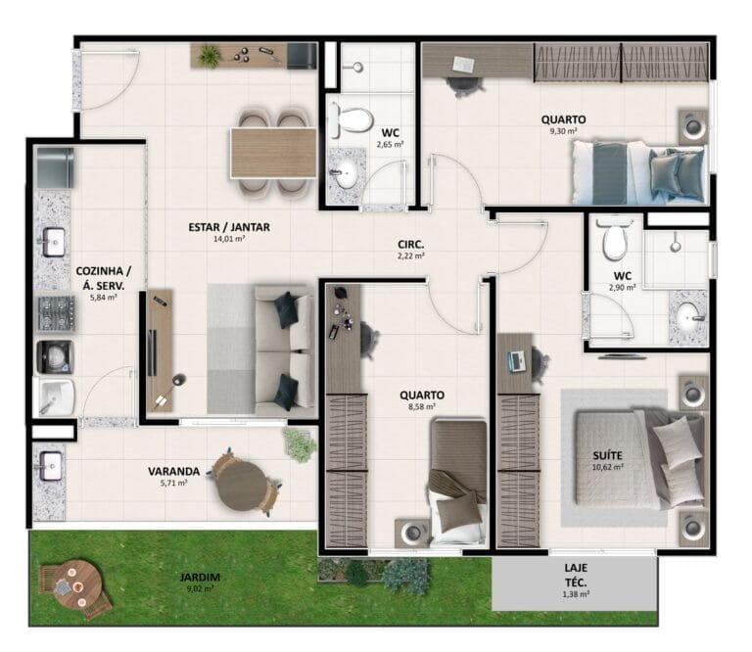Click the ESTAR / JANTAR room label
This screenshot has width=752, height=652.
(229, 227)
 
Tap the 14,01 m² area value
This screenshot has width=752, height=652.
(229, 239)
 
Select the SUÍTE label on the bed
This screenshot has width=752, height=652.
(607, 455)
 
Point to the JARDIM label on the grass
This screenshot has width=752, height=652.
(200, 578)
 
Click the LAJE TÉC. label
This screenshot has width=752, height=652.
(576, 576)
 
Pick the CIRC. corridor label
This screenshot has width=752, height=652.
(410, 245)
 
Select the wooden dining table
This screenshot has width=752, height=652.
(273, 153)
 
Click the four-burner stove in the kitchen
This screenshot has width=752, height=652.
(56, 313)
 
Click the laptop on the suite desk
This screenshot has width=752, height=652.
(517, 361)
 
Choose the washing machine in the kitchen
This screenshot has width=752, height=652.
(55, 357)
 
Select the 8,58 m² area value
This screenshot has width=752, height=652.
(422, 407)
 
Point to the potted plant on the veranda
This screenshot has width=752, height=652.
(300, 444)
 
